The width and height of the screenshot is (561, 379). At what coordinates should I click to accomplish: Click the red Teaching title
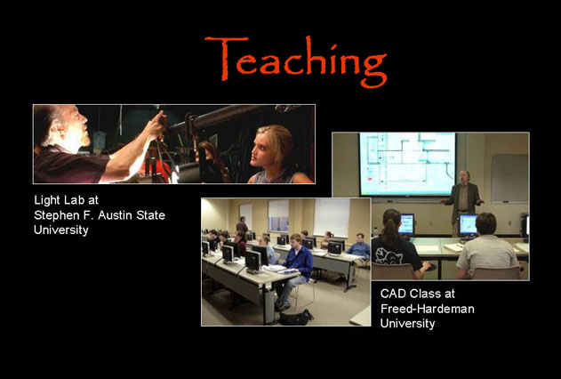coord(295,60)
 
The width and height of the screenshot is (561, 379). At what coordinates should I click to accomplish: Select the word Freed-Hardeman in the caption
coord(427,308)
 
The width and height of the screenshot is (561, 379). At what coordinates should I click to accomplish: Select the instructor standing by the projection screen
coord(463,201)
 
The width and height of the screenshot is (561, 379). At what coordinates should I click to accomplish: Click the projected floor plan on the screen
coord(407,164)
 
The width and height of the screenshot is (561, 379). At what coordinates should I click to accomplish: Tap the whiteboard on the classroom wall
coord(509,178)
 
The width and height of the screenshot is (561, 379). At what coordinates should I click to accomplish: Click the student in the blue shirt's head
coord(295,241)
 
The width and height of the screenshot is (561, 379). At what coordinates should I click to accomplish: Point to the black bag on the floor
coord(296,318)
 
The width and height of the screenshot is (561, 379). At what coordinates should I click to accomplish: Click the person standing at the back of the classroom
coord(242,225)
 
